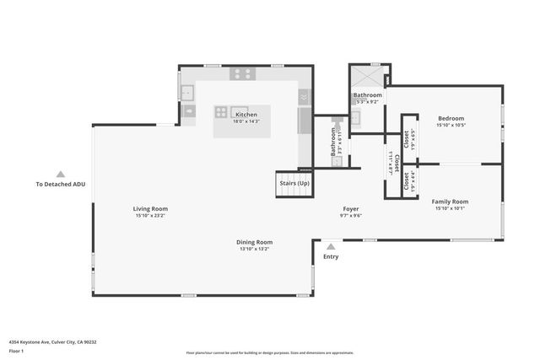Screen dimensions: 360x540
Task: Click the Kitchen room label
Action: [x=246, y=115]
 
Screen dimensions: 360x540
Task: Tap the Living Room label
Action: [x=150, y=208]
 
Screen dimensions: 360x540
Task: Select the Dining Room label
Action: [x=254, y=242]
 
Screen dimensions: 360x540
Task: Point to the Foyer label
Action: [x=351, y=208]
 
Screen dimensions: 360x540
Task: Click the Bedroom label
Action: [x=451, y=118]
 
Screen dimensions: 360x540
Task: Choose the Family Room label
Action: [x=450, y=201]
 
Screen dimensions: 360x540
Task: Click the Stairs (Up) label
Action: [x=294, y=183]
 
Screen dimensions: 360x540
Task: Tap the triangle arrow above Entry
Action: [x=331, y=247]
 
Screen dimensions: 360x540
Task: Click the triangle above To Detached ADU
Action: [x=60, y=174]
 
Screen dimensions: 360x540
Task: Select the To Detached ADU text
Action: [x=60, y=184]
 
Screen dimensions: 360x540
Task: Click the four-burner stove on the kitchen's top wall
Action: [x=244, y=74]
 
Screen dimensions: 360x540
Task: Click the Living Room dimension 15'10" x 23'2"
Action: [x=150, y=216]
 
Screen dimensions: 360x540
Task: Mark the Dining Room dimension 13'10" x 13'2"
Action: [x=254, y=250]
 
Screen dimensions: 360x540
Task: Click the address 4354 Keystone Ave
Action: [x=52, y=341]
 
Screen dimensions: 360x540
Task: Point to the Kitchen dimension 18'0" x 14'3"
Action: [x=246, y=121]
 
